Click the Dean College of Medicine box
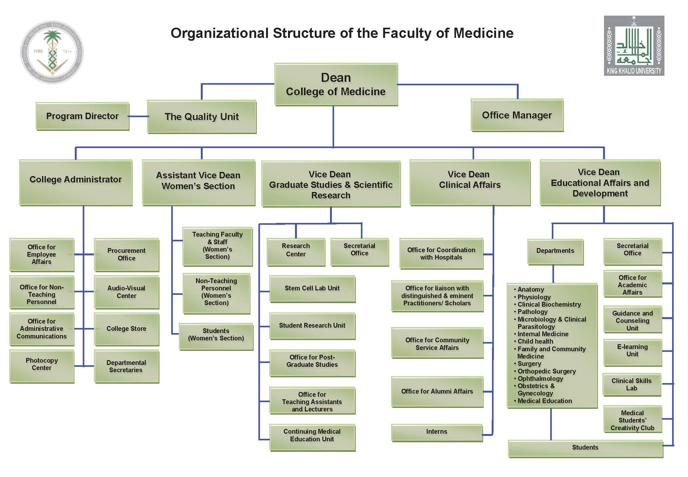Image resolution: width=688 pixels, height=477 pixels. tap(336, 84)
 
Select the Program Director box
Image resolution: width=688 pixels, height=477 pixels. tap(82, 116)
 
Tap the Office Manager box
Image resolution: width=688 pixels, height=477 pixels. tap(517, 115)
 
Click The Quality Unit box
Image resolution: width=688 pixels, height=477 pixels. tap(202, 117)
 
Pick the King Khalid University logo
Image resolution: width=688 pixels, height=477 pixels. tap(634, 46)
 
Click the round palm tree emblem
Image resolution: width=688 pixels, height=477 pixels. tap(52, 52)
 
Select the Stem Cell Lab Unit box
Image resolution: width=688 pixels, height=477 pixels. tap(312, 288)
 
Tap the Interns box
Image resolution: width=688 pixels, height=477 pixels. tap(437, 432)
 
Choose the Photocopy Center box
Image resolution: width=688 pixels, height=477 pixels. tap(42, 365)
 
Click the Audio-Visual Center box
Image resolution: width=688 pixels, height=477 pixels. tap(126, 292)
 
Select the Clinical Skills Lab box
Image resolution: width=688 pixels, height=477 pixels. tap(631, 385)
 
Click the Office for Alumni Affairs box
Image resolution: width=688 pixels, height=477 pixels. tap(437, 392)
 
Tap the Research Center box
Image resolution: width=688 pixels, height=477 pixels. tap(296, 250)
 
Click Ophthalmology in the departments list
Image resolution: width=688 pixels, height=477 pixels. tap(540, 379)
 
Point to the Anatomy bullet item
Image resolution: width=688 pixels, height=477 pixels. tap(530, 289)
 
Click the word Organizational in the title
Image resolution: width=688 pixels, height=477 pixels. tap(219, 33)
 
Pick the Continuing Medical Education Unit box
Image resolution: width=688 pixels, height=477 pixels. tap(312, 436)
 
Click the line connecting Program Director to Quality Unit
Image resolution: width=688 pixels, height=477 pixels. tap(138, 117)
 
